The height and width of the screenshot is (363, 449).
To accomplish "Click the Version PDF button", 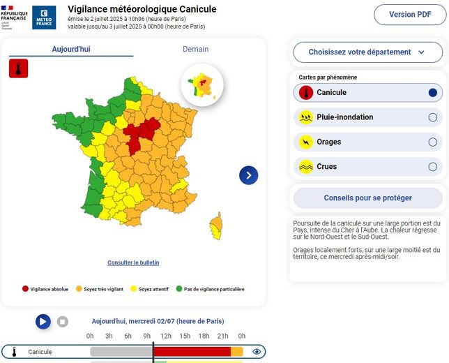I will [x=410, y=15].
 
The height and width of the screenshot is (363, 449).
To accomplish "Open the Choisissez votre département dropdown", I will [x=367, y=52].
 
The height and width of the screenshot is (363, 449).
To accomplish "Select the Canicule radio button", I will [x=432, y=93].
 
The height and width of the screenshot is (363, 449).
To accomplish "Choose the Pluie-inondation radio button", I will [x=432, y=117].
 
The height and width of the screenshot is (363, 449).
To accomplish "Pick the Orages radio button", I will [x=432, y=142].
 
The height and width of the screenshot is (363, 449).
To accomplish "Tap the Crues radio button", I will [x=432, y=167].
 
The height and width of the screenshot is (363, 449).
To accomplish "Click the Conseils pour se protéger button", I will [x=367, y=198].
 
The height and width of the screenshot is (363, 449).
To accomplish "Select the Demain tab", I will [x=195, y=50].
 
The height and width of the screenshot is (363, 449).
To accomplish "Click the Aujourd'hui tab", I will [x=71, y=50].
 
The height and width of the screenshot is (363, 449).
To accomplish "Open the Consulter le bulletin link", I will [x=133, y=262].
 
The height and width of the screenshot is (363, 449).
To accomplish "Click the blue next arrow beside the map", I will [x=248, y=175].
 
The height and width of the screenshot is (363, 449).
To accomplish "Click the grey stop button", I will [x=62, y=322].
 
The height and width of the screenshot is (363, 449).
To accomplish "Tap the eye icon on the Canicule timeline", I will [x=257, y=352].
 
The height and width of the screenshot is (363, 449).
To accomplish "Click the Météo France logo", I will [x=44, y=17].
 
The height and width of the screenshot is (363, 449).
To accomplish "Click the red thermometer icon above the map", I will [x=17, y=68].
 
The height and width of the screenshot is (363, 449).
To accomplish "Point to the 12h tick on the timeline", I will [x=166, y=336].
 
